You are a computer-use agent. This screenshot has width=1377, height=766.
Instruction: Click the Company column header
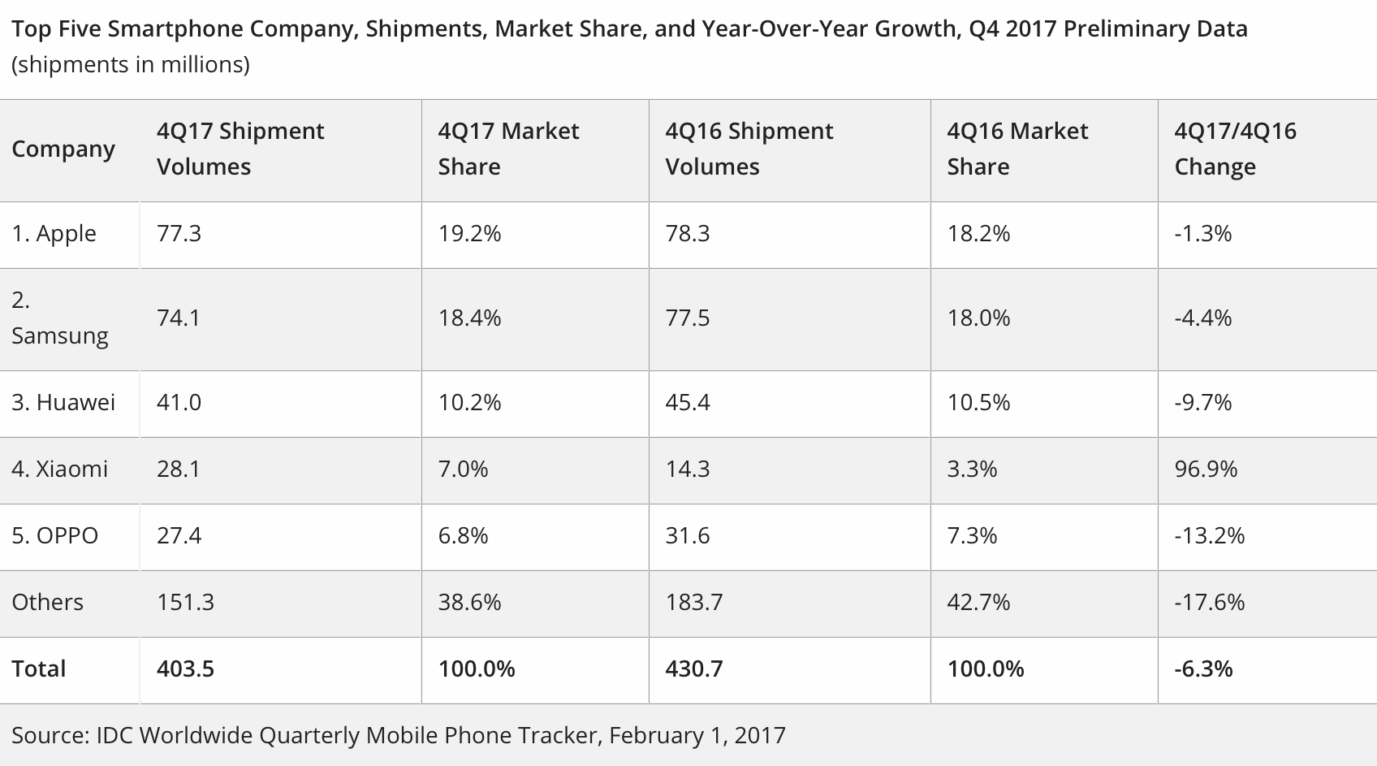pos(63,149)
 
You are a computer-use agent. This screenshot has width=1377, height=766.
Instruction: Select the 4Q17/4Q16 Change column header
pos(1235,149)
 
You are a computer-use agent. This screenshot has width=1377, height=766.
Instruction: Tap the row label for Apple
pos(54,234)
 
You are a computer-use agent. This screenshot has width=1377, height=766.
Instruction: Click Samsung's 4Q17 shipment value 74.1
pos(178,318)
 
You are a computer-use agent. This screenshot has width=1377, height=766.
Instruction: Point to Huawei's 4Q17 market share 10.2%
pos(469,403)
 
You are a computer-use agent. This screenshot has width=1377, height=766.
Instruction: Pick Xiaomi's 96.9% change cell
pos(1206,470)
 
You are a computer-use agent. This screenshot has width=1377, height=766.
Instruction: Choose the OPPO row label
pos(54,536)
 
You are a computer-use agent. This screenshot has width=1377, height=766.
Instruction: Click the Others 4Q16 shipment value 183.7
pos(693,603)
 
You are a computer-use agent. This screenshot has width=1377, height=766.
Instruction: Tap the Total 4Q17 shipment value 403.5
pos(185,669)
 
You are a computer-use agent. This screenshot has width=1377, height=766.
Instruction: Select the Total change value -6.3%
pos(1203,669)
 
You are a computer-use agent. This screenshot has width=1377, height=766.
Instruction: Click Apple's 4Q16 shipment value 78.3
pos(687,234)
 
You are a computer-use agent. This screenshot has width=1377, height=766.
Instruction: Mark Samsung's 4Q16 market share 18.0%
pos(978,318)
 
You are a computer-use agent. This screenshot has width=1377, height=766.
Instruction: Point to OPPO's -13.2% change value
pos(1209,536)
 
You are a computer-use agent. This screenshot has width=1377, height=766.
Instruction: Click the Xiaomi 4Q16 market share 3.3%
pos(972,470)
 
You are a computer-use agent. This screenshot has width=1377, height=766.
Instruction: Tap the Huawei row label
pos(63,403)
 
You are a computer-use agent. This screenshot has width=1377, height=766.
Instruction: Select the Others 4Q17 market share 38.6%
pos(469,603)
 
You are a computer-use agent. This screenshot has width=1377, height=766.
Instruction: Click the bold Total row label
pos(38,669)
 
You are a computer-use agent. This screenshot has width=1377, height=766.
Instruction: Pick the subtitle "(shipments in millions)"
pos(130,65)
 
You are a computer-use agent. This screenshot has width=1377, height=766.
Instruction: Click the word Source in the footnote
pos(49,736)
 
